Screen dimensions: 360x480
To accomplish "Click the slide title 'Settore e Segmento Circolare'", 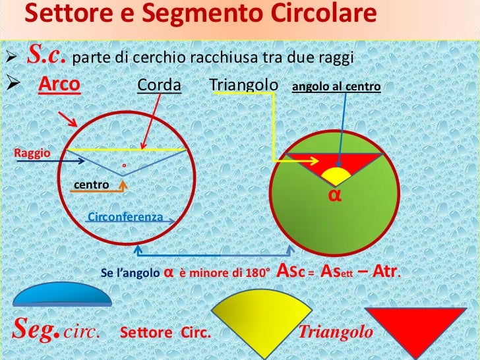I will (204, 14).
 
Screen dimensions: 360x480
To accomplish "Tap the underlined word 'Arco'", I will (59, 86).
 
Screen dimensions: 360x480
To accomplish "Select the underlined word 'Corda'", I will (159, 86).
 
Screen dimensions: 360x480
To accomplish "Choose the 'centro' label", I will (91, 185).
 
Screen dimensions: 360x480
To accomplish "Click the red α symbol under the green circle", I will (334, 195).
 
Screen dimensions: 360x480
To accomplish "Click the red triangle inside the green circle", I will (310, 162).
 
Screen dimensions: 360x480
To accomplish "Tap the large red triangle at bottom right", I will (411, 323).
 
